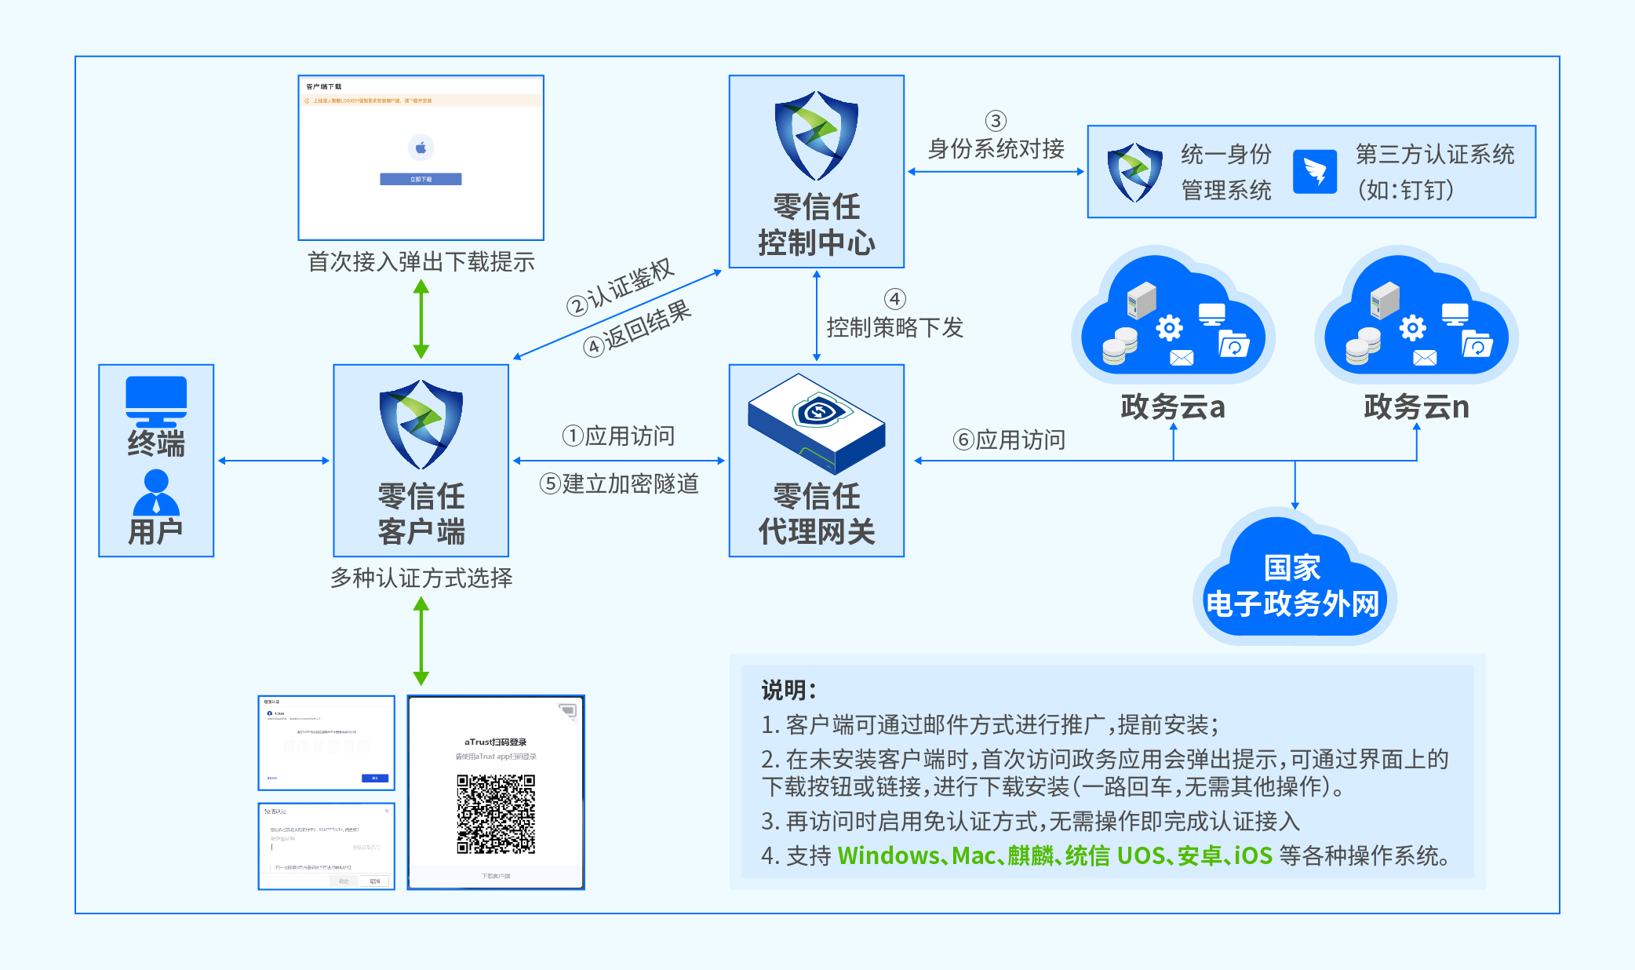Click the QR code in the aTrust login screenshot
click(x=496, y=814)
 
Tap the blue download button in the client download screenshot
click(x=421, y=179)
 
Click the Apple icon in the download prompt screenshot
click(x=421, y=148)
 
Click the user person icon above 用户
click(x=156, y=492)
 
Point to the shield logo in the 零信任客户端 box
click(x=421, y=424)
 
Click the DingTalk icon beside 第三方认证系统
click(x=1315, y=171)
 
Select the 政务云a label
click(x=1173, y=407)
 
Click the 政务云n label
click(x=1416, y=407)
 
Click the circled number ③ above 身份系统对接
click(x=996, y=121)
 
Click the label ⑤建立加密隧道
click(x=620, y=483)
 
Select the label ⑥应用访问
click(x=1010, y=439)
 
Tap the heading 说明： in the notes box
click(x=788, y=691)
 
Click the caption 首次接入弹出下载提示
click(x=421, y=262)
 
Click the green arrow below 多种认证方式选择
click(x=421, y=640)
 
